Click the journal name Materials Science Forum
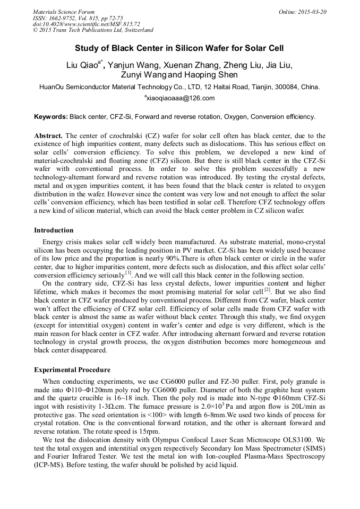point(64,12)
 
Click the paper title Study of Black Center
point(179,47)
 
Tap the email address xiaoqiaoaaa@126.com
point(181,98)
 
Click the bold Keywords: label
point(50,116)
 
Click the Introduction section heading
point(54,230)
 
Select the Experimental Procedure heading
point(72,370)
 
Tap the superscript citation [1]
point(128,273)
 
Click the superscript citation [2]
point(268,290)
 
